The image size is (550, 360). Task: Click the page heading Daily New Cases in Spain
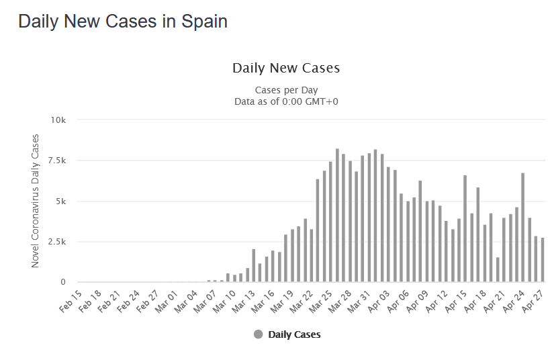click(x=123, y=21)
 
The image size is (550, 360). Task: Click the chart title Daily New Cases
click(x=286, y=68)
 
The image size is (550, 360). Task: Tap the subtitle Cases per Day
click(x=286, y=90)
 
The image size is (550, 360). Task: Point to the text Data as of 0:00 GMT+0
click(x=286, y=101)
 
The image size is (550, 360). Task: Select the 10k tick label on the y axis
click(x=58, y=120)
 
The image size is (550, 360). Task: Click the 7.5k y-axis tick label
click(x=56, y=161)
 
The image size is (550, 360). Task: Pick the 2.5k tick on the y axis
click(x=56, y=241)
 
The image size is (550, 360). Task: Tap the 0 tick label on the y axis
click(x=62, y=282)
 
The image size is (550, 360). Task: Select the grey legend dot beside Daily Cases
click(x=259, y=334)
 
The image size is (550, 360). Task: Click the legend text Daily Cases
click(x=294, y=334)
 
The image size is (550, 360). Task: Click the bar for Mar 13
click(x=254, y=265)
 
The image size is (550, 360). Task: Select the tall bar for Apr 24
click(x=522, y=228)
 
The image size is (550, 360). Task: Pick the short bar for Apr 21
click(x=498, y=269)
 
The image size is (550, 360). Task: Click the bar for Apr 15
click(x=465, y=228)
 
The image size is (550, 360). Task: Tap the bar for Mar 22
click(x=312, y=255)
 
